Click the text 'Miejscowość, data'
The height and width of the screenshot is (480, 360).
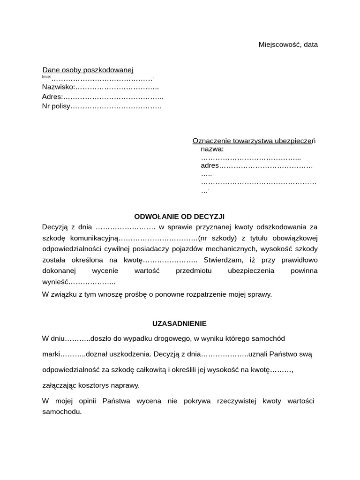tap(288, 45)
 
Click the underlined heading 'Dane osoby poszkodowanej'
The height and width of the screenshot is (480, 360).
tap(88, 70)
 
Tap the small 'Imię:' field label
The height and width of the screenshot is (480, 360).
tap(46, 77)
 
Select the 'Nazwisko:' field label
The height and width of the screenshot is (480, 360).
tap(58, 87)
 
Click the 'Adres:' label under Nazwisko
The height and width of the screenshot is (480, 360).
tap(52, 97)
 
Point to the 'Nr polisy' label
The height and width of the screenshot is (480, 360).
tap(56, 106)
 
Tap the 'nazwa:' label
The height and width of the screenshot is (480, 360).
tap(212, 150)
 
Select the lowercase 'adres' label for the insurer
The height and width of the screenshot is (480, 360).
tap(210, 165)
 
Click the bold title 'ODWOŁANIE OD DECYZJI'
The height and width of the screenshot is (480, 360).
tap(180, 217)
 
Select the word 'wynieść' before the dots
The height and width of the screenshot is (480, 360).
tap(55, 282)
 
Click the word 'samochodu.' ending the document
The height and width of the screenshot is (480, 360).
tap(62, 412)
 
